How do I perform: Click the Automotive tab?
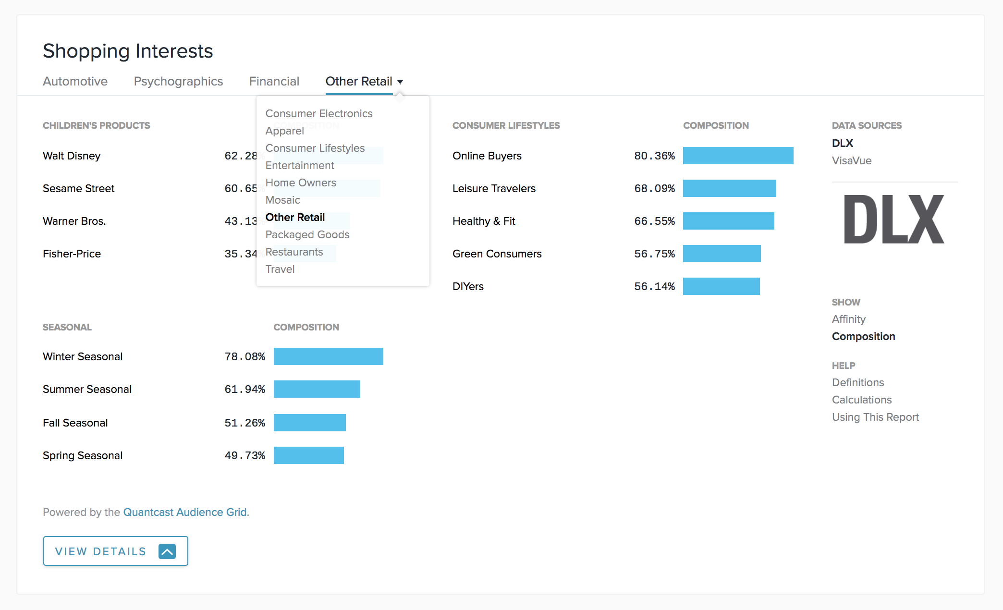[75, 81]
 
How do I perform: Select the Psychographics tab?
[178, 81]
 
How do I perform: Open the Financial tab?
[274, 81]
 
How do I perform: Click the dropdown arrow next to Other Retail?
[400, 82]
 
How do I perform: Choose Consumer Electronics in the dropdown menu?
[318, 113]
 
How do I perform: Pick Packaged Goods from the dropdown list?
[307, 234]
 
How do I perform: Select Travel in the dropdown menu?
[280, 269]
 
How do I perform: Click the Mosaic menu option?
[282, 200]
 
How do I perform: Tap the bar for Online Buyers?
[738, 156]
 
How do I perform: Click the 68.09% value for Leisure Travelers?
[654, 188]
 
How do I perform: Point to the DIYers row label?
[468, 286]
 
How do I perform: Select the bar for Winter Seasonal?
[328, 356]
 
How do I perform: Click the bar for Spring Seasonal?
[308, 455]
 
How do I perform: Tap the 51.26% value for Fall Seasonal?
[245, 423]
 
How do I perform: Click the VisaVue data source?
[851, 160]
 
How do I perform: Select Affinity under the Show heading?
[848, 319]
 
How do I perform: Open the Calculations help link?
[861, 400]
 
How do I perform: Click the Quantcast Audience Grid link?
[185, 512]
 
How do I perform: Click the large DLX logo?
[893, 220]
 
